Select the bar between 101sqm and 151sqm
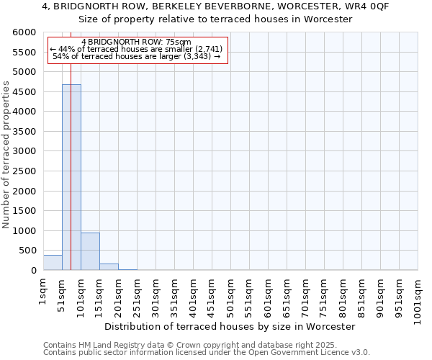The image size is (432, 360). (x=90, y=251)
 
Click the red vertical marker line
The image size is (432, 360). (x=71, y=144)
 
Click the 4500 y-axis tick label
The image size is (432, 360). (x=24, y=92)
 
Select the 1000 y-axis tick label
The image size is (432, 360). (x=24, y=231)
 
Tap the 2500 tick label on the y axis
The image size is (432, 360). (x=24, y=171)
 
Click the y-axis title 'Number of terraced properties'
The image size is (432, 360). (x=6, y=155)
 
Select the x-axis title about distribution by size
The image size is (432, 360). (x=230, y=326)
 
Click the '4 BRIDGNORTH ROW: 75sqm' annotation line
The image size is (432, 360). (x=136, y=42)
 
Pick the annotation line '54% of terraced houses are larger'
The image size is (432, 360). (x=136, y=56)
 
